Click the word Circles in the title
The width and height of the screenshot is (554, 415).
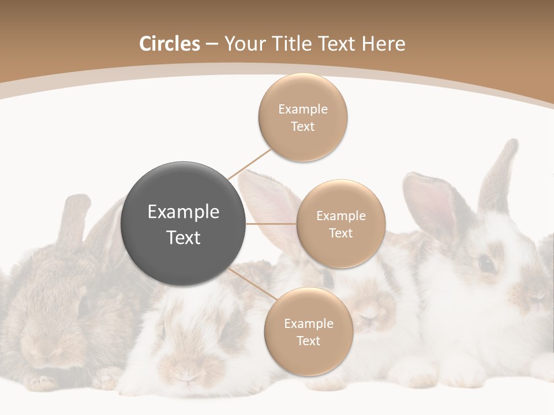[170, 44]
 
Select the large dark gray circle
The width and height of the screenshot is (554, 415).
[184, 224]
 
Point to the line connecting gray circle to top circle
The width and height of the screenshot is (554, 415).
[250, 164]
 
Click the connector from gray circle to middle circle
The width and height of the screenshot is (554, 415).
[271, 223]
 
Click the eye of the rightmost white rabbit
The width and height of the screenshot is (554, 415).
[486, 264]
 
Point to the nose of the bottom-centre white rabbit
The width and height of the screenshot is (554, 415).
[186, 375]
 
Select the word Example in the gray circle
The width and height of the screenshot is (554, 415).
[184, 212]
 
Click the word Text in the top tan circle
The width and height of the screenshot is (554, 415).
[303, 126]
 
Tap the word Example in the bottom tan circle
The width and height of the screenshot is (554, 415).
[309, 324]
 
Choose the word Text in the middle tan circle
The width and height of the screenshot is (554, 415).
[341, 233]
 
